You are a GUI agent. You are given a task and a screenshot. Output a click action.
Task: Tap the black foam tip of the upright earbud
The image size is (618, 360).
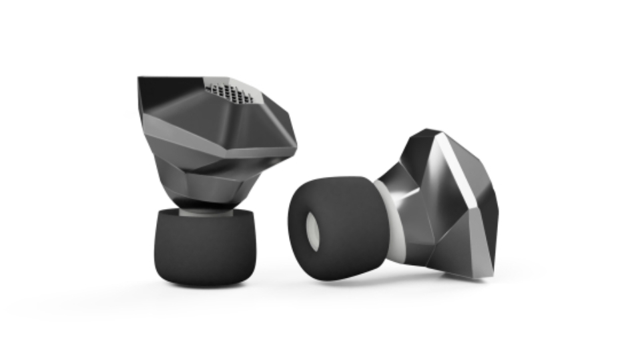205,247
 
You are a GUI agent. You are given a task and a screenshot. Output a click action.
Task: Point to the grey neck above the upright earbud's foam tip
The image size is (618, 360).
204,209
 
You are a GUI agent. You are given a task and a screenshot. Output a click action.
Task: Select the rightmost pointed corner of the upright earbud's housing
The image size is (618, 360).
296,144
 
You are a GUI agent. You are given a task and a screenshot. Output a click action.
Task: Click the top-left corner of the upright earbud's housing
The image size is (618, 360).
139,78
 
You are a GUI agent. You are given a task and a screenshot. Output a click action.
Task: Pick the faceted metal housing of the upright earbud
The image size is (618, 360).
220,147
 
